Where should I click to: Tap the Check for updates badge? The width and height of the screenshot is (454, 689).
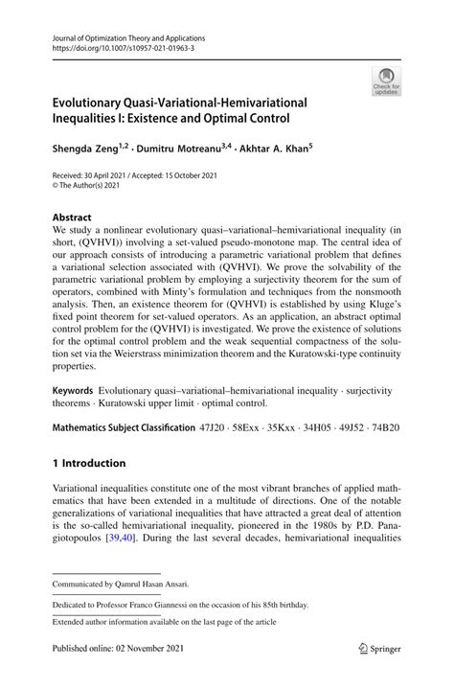387,80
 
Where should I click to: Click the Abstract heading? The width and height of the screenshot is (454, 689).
74,218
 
